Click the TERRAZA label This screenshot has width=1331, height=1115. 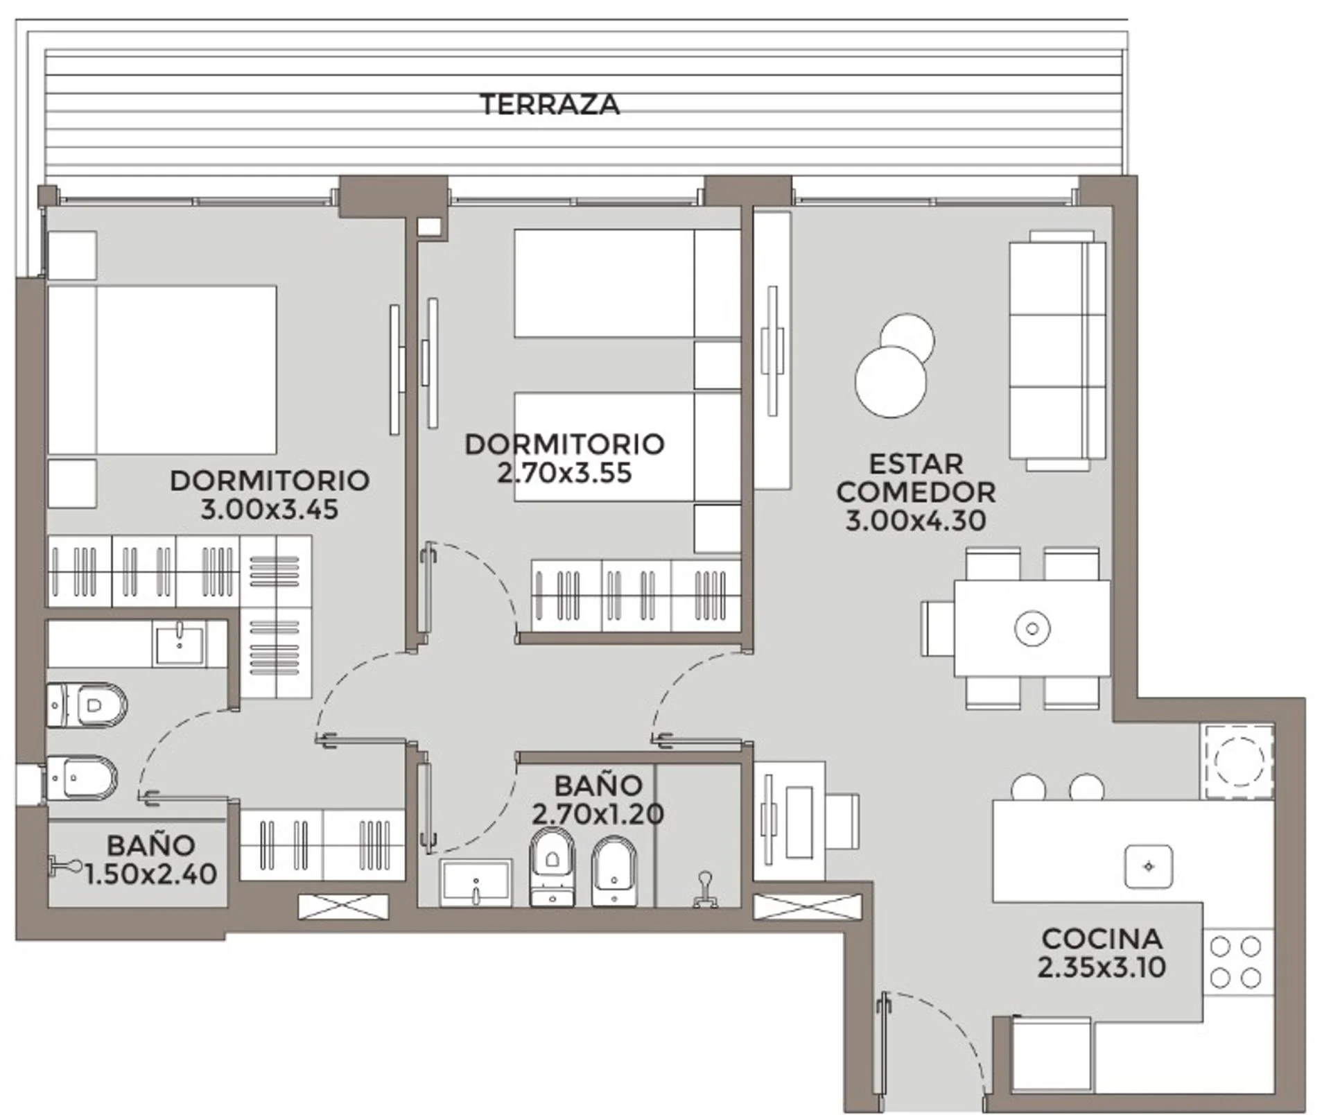(550, 105)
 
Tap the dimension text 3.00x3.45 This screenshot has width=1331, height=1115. (270, 510)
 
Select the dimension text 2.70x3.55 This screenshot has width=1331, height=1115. (564, 473)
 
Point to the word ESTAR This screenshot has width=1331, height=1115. (916, 464)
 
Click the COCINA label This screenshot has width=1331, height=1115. (1102, 939)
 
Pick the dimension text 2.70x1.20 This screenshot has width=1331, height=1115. (598, 814)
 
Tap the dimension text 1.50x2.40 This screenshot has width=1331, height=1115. (151, 874)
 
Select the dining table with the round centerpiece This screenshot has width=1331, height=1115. (1032, 628)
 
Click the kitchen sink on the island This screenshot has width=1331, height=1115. (1149, 867)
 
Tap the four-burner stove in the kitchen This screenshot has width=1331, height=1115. (1238, 962)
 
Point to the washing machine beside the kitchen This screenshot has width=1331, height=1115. (1238, 762)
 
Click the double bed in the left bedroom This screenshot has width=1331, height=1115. (162, 370)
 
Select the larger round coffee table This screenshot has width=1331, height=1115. (891, 382)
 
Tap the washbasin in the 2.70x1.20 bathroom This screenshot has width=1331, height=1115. (476, 882)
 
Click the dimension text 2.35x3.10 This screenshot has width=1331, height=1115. (1102, 967)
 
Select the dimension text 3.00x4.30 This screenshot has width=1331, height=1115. (916, 521)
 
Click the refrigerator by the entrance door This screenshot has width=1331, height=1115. (1051, 1055)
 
